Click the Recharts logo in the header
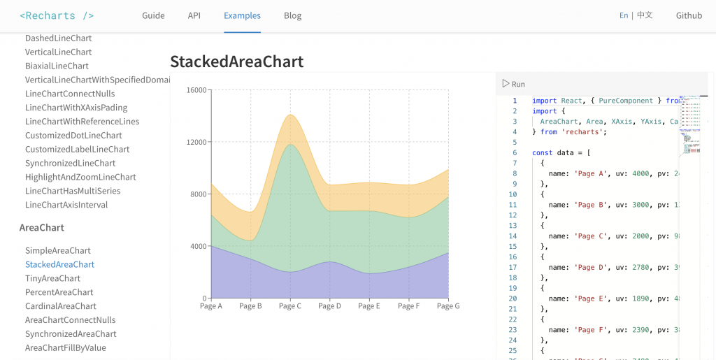pos(57,15)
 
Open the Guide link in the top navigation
pos(153,15)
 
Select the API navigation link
pos(194,15)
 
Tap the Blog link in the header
pos(293,15)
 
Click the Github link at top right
pos(689,15)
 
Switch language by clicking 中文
pos(645,15)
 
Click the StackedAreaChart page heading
pos(236,62)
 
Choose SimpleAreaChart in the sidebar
pos(58,250)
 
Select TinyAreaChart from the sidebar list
pos(52,278)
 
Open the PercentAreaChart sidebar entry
pos(59,292)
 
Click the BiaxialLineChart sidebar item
pos(57,66)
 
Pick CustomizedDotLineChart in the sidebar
pos(73,135)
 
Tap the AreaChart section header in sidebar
pos(42,227)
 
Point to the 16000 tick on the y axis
pos(196,90)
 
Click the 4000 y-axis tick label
pos(199,246)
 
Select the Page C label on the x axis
pos(289,306)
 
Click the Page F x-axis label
pos(408,306)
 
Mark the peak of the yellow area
pos(290,115)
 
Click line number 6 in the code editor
pos(514,152)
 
